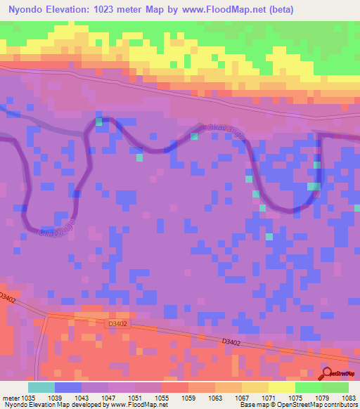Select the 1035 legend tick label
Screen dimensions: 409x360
click(x=28, y=398)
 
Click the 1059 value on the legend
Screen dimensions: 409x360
click(x=188, y=398)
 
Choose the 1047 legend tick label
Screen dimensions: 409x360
click(x=108, y=398)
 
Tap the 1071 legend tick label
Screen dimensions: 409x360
click(x=269, y=398)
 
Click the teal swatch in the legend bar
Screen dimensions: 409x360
click(x=41, y=387)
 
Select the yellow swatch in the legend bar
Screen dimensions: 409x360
click(x=282, y=387)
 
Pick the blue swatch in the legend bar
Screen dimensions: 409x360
click(x=68, y=387)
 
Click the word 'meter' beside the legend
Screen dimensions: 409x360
click(x=9, y=398)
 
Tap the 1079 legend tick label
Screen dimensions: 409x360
click(x=322, y=398)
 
